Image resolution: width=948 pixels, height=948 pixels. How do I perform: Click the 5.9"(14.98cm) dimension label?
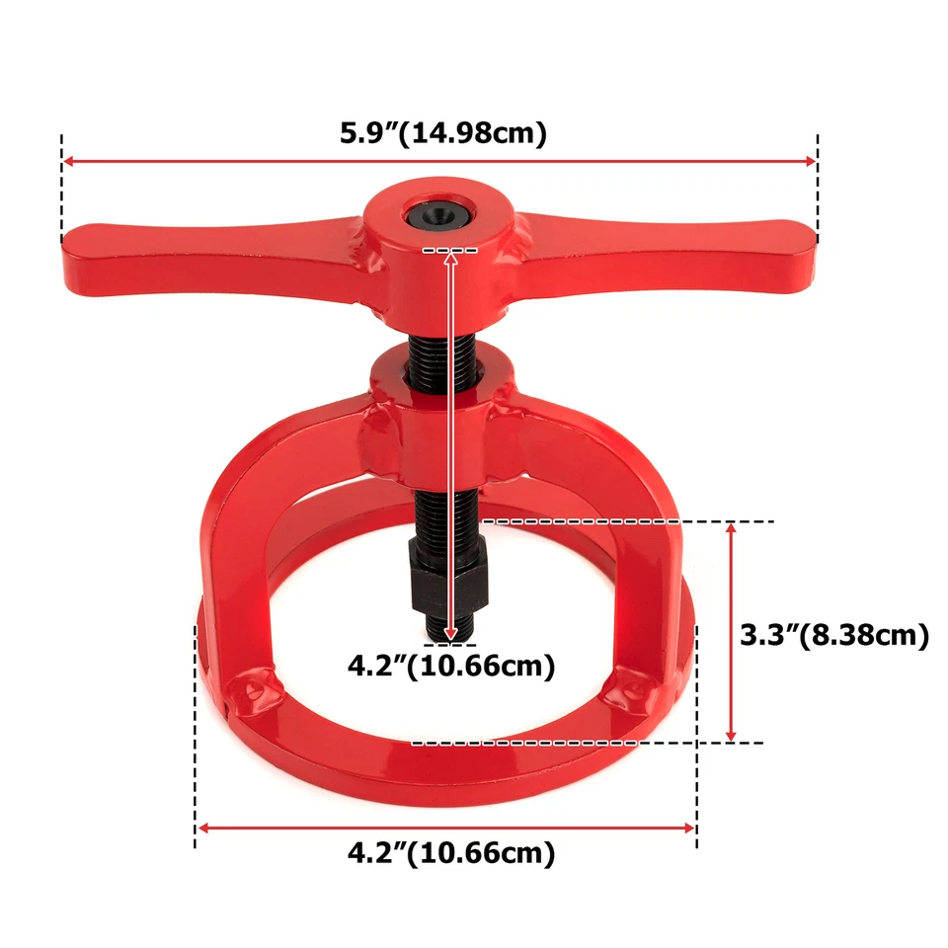click(442, 132)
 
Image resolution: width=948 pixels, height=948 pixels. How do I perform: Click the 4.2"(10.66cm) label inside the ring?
click(450, 666)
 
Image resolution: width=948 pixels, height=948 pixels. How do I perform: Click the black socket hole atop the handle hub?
click(436, 209)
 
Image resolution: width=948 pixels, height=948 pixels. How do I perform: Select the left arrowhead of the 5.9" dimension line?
click(67, 161)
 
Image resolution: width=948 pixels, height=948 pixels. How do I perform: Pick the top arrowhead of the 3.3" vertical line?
click(731, 527)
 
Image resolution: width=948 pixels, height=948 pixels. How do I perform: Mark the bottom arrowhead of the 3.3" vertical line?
click(731, 736)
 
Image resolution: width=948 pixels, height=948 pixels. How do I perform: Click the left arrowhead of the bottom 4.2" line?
click(201, 828)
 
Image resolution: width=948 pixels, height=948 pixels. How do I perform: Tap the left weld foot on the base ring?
click(254, 688)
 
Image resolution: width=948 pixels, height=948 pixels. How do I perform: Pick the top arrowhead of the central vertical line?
click(453, 257)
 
